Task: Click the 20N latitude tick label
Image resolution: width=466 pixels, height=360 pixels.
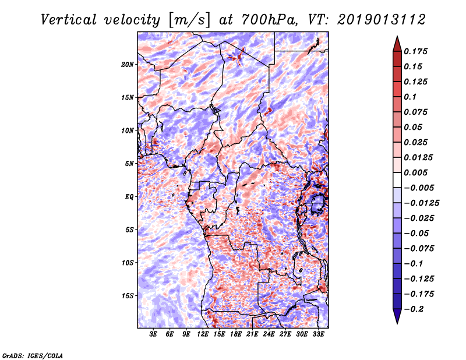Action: coord(127,64)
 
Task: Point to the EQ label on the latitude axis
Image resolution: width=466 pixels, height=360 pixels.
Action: coord(129,196)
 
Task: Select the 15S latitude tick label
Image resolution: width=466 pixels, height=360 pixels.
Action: coord(127,296)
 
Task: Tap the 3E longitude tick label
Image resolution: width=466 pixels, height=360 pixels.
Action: coord(153,334)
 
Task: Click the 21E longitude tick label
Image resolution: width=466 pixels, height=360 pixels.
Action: coord(252,334)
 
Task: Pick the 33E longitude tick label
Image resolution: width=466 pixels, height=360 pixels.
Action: coord(318,334)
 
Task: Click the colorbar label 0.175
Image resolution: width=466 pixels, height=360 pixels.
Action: coord(415,51)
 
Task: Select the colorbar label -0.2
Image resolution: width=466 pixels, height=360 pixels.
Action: coord(414,309)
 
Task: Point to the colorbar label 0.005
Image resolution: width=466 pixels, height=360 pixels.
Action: coord(415,172)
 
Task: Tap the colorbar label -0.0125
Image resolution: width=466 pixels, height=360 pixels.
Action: coord(421,203)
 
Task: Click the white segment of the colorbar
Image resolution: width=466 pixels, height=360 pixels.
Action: coord(397,180)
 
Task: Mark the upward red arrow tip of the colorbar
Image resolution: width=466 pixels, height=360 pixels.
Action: coord(397,36)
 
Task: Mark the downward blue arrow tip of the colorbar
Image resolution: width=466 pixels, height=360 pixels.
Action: coord(397,324)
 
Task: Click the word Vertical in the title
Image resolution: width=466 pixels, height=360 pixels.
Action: coord(69,20)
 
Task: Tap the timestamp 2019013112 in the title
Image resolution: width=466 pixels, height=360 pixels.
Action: coord(382,20)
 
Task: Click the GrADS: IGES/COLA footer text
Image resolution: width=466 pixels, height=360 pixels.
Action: coord(33,355)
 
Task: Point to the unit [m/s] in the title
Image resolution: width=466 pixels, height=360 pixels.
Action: coord(189,20)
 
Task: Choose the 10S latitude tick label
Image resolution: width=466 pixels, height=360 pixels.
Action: coord(127,263)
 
